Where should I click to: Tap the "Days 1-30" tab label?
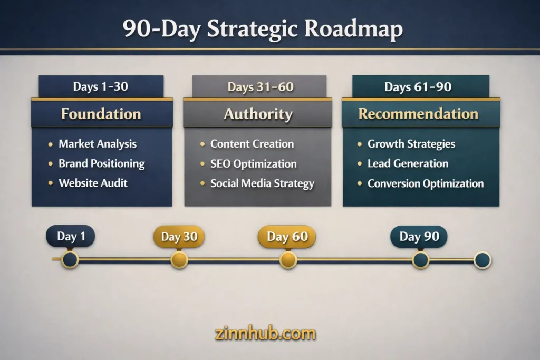(x=100, y=86)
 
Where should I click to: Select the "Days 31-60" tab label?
(x=261, y=86)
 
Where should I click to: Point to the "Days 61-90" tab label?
(x=418, y=86)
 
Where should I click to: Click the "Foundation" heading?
(x=101, y=114)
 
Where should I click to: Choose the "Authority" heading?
(x=258, y=114)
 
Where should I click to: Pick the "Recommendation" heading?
(x=418, y=114)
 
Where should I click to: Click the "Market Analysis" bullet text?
(x=98, y=143)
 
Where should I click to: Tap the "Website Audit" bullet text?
(x=93, y=183)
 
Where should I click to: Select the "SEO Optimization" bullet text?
(x=254, y=163)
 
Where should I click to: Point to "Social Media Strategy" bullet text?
(x=262, y=183)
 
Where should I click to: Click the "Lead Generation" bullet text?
(x=408, y=163)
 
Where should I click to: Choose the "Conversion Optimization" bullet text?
(x=426, y=183)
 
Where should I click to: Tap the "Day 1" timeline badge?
(x=71, y=237)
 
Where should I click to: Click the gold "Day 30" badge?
(x=179, y=237)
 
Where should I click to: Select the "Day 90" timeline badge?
(x=419, y=237)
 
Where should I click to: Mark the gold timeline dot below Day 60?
(x=288, y=260)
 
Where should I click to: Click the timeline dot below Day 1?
(x=70, y=259)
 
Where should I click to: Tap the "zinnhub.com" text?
(x=265, y=334)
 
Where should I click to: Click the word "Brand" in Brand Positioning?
(x=73, y=163)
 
